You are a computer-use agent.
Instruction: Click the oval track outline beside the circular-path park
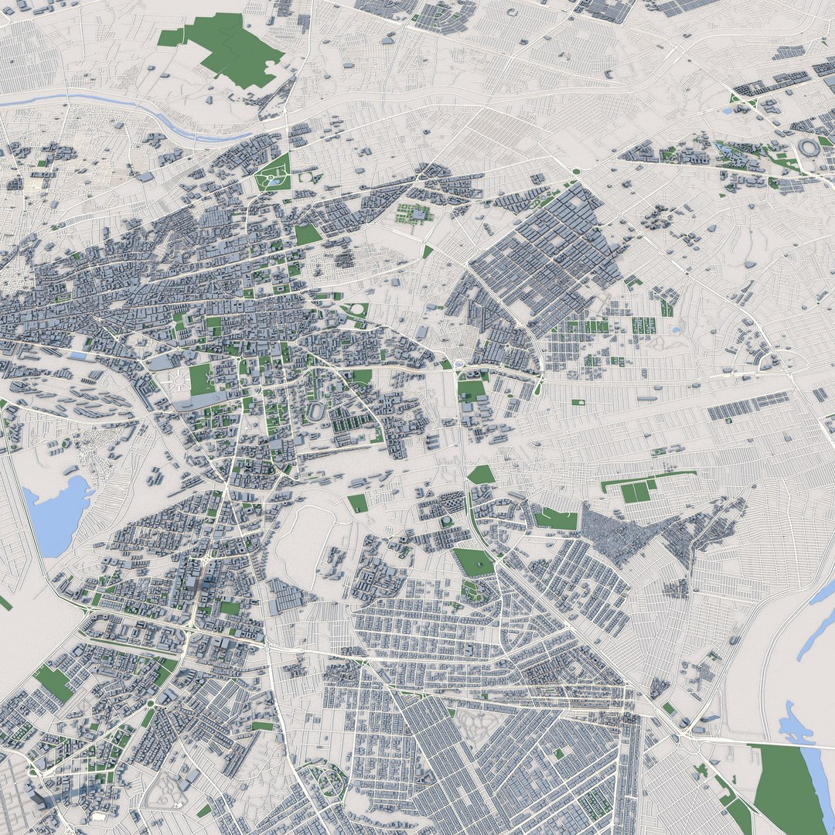[x=306, y=178]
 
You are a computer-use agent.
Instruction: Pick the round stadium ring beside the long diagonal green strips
[x=808, y=148]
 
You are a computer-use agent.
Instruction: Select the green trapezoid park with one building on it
[x=474, y=562]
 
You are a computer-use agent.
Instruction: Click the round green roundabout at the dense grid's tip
[x=576, y=172]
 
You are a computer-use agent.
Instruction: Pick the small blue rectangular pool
[x=78, y=356]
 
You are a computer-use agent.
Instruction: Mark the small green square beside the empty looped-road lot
[x=357, y=503]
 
